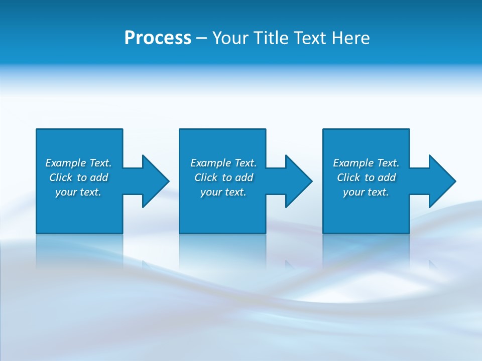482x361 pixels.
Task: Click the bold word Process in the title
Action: coord(158,38)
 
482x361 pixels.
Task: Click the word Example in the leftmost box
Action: coord(66,163)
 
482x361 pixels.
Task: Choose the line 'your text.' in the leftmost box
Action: coord(78,192)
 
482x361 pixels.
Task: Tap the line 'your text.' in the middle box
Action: coord(223,192)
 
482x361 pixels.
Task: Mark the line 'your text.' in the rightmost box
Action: coord(366,192)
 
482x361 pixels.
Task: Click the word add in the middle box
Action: coord(244,177)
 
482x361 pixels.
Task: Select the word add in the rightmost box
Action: coord(387,177)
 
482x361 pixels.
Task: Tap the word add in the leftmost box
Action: coord(99,177)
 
